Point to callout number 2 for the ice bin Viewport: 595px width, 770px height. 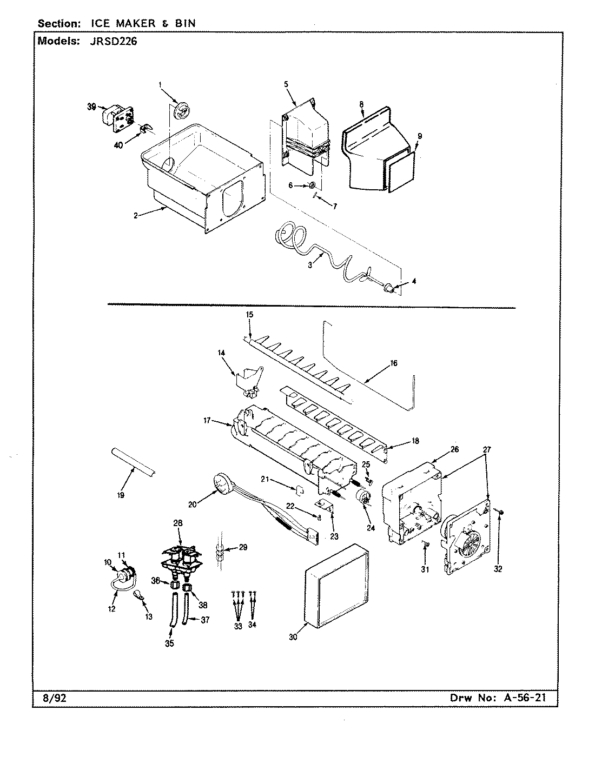point(137,215)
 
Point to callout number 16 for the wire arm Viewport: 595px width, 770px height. point(393,363)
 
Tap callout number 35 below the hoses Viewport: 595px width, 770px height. point(169,643)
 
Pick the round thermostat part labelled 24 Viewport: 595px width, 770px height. point(363,499)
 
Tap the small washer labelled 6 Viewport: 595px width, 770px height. point(312,186)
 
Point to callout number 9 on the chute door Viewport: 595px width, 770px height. point(419,135)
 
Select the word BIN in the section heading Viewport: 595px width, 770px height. point(184,23)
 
